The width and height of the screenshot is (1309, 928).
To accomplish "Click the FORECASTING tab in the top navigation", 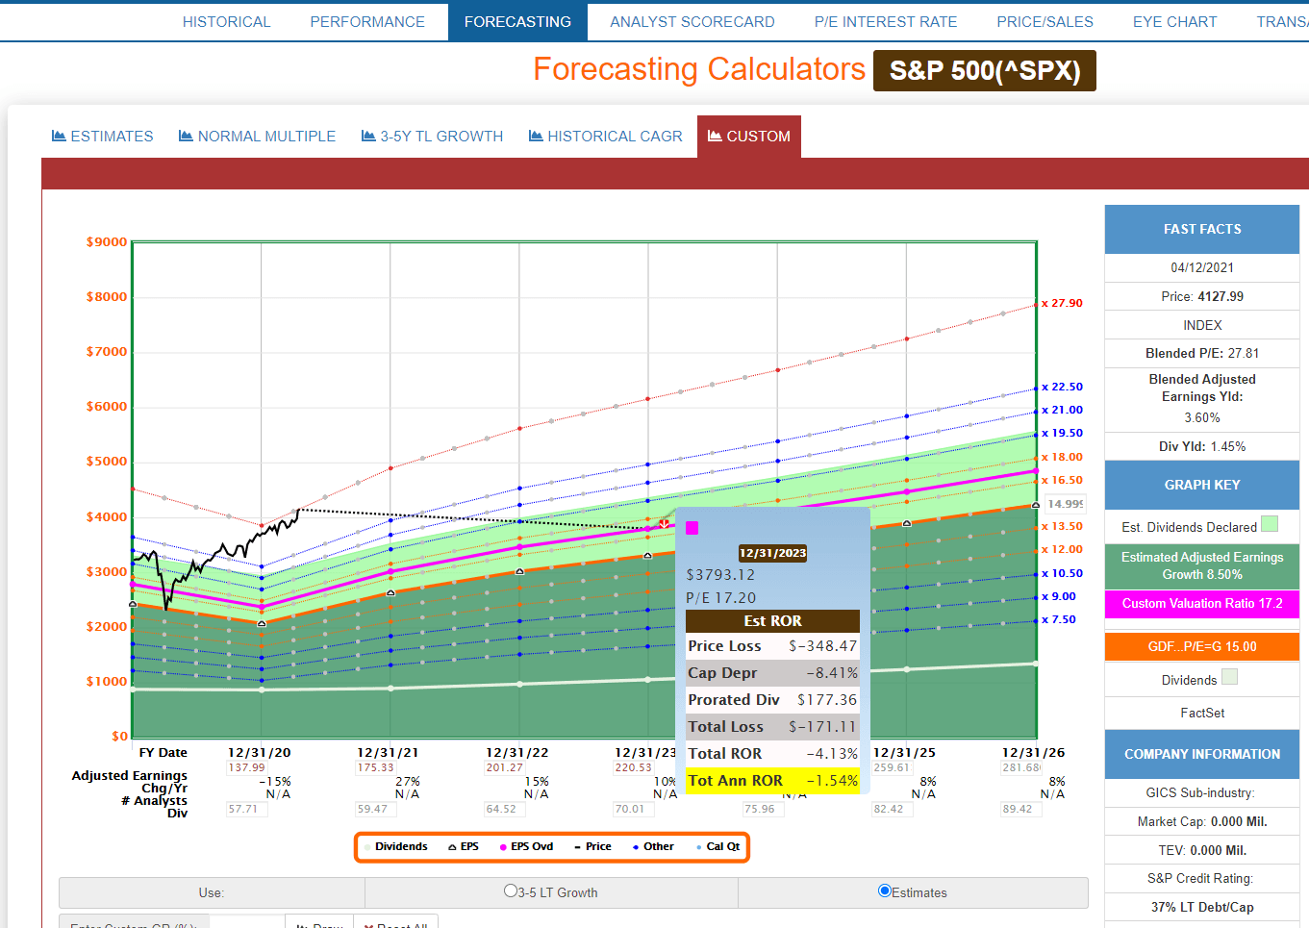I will click(517, 22).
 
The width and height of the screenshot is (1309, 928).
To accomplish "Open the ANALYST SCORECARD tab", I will click(692, 22).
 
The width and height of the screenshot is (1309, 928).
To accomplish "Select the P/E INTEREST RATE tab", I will click(885, 22).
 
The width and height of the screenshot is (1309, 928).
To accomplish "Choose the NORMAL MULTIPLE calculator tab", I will click(257, 137).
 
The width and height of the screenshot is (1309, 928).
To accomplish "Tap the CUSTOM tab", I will click(749, 137).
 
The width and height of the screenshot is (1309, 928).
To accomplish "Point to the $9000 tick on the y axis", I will click(107, 242).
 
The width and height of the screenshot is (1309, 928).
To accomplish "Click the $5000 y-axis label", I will click(107, 462).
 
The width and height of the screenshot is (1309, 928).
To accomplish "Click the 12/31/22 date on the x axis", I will click(516, 753).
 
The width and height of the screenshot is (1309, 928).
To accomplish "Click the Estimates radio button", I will click(885, 891).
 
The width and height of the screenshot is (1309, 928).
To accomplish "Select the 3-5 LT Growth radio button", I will click(511, 891).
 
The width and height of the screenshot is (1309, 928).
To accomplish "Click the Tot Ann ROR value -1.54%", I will click(832, 781).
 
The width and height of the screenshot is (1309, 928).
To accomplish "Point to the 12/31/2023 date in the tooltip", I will click(772, 553).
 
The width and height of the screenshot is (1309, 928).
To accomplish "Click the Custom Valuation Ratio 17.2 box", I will click(1201, 604).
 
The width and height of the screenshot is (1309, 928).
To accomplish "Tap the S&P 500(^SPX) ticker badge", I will click(984, 71).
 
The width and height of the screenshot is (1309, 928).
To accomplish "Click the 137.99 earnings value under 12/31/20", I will click(246, 767).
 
